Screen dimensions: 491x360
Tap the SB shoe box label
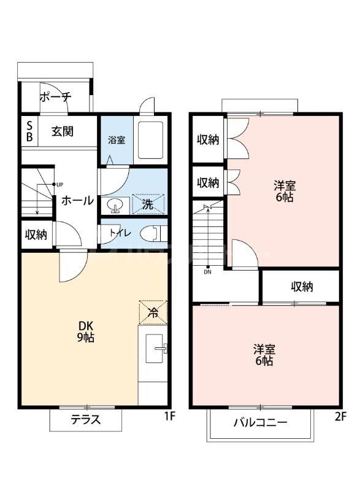point(29,131)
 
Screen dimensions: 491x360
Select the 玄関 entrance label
point(63,131)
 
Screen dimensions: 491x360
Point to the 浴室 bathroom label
point(117,139)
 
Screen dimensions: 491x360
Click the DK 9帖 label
point(85,331)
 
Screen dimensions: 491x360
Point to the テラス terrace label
point(85,420)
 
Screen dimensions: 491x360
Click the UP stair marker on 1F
point(59,184)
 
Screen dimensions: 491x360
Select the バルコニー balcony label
point(260,423)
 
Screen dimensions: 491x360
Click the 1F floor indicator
point(170,416)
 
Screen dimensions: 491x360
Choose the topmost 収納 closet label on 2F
point(208,139)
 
